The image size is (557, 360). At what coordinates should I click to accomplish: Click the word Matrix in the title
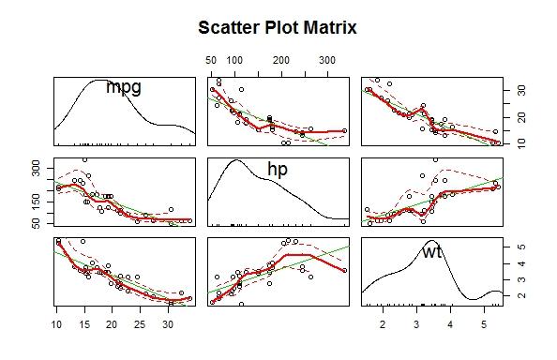[330, 27]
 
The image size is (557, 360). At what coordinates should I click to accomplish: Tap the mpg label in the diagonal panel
[124, 87]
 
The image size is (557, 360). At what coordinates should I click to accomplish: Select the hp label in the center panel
[278, 170]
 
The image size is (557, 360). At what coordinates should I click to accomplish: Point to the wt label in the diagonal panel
[432, 251]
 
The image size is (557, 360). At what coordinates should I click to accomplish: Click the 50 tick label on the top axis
[211, 60]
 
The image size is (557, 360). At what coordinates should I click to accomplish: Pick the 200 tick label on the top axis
[281, 60]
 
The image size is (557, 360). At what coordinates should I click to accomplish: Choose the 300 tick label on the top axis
[327, 60]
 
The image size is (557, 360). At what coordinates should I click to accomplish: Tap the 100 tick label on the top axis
[234, 60]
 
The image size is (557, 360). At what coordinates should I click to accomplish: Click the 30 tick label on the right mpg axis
[521, 90]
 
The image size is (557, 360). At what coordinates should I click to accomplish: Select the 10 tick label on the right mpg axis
[521, 143]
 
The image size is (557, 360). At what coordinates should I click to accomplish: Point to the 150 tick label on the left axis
[37, 202]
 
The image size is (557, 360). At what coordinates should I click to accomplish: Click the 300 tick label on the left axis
[37, 168]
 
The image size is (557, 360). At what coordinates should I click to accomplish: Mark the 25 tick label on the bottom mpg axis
[140, 324]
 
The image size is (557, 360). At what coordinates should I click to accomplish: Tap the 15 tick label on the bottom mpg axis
[84, 324]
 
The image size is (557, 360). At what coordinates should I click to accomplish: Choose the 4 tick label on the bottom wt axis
[450, 324]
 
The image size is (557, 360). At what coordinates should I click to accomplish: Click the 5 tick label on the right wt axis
[521, 247]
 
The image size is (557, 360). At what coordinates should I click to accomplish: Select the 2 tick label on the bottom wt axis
[383, 324]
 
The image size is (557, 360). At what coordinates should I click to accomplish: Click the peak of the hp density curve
[236, 159]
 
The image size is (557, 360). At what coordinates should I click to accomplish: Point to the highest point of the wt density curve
[430, 240]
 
